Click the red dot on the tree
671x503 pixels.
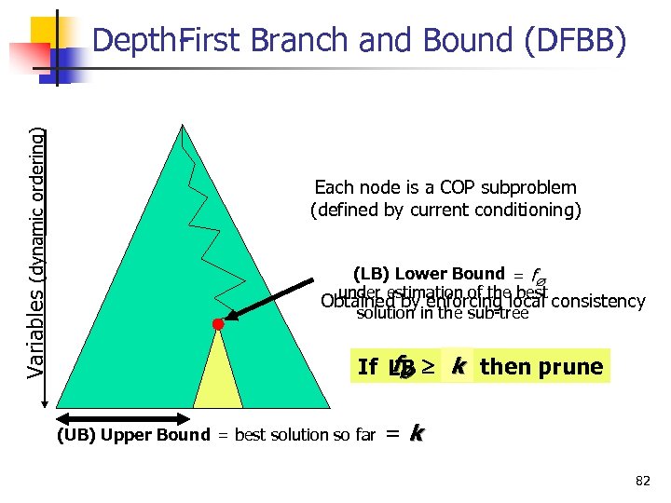[x=218, y=324]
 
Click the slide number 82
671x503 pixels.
[x=642, y=481]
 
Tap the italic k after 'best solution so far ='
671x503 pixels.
[x=417, y=432]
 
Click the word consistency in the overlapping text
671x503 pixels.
[x=598, y=301]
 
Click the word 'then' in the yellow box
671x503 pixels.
[x=502, y=367]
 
